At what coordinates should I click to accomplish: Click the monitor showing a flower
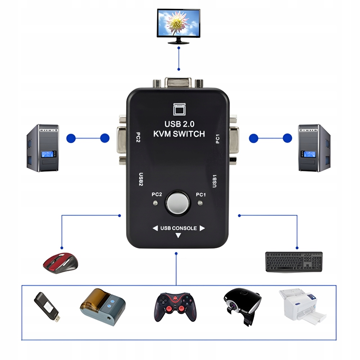pyautogui.click(x=179, y=24)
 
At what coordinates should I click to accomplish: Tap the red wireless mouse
pyautogui.click(x=60, y=262)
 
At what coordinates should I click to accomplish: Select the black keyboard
pyautogui.click(x=294, y=262)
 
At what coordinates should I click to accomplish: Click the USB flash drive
pyautogui.click(x=47, y=307)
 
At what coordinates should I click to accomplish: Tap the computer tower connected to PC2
pyautogui.click(x=42, y=148)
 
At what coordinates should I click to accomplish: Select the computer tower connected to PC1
pyautogui.click(x=314, y=148)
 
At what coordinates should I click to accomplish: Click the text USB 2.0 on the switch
pyautogui.click(x=179, y=124)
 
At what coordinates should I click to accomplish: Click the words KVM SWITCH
pyautogui.click(x=179, y=134)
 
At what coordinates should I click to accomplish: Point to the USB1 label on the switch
pyautogui.click(x=215, y=181)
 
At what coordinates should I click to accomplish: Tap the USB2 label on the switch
pyautogui.click(x=141, y=180)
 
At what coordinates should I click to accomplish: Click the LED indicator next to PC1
pyautogui.click(x=200, y=203)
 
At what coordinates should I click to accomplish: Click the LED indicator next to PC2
pyautogui.click(x=155, y=203)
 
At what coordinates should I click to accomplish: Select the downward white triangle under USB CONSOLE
pyautogui.click(x=178, y=236)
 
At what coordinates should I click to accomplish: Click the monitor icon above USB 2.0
pyautogui.click(x=179, y=109)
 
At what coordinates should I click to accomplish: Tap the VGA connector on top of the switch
pyautogui.click(x=179, y=82)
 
